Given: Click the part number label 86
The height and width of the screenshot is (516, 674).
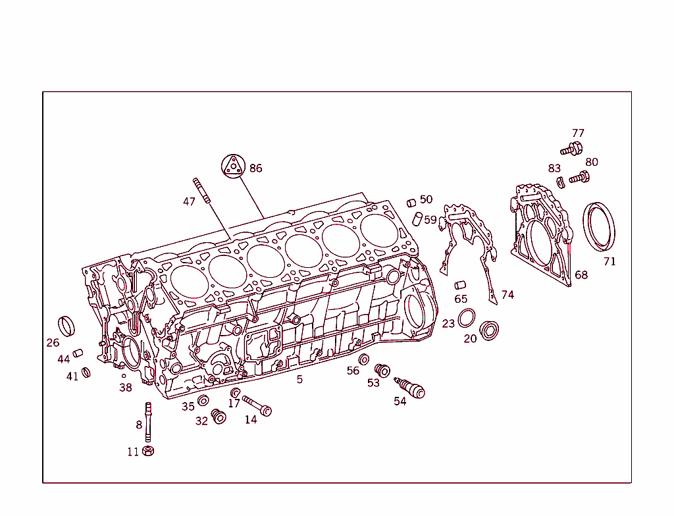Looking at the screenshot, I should point(255,168).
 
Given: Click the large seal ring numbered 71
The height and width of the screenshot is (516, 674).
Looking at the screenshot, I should point(600,226).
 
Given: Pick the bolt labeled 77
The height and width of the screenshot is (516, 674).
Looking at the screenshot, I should point(571,149).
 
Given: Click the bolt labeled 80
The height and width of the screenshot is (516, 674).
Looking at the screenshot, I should point(580,176).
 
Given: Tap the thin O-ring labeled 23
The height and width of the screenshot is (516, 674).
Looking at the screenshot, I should point(467,317).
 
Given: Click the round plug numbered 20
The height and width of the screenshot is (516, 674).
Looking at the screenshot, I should point(489,330).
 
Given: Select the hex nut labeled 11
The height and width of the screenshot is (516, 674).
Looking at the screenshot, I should point(148,451).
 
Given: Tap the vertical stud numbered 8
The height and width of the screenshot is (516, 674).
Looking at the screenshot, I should point(148,421).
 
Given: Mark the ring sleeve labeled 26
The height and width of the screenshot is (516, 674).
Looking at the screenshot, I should point(66,325).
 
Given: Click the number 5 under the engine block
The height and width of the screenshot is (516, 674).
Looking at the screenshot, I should point(299,380).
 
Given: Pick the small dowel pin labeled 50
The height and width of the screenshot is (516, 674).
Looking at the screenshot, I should point(411,202).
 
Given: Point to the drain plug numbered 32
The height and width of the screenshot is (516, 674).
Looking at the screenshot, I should point(219,417).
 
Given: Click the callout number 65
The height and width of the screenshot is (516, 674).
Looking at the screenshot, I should point(461,299).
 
